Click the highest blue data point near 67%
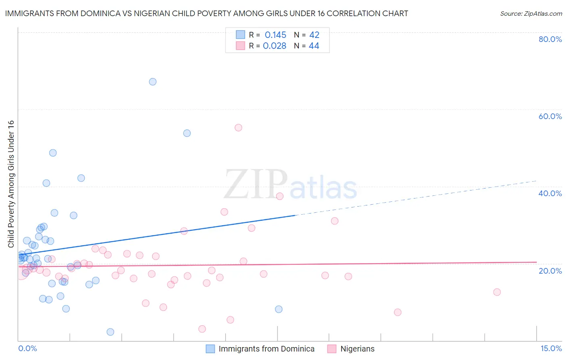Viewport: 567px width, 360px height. pos(152,82)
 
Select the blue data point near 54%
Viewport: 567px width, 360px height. pos(187,133)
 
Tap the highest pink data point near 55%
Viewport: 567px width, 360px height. pos(238,128)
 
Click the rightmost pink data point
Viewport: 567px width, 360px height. pos(497,292)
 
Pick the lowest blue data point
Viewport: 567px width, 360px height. pos(110,332)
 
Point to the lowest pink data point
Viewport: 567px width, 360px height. pos(202,329)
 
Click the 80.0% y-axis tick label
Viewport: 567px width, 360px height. pos(550,39)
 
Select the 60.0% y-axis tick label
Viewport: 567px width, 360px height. pos(550,116)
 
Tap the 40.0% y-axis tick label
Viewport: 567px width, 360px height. pos(550,193)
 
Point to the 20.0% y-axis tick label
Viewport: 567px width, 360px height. pos(550,271)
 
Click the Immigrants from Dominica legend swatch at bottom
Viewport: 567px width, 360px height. pos(210,349)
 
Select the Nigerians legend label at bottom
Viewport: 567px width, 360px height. pos(357,349)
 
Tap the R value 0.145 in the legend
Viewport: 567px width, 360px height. pos(275,35)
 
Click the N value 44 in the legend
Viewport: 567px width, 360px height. pos(314,46)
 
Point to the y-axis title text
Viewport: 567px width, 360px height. pos(11,184)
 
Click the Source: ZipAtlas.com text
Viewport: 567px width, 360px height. pos(531,14)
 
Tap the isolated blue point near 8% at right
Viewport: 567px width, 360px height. pos(279,309)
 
